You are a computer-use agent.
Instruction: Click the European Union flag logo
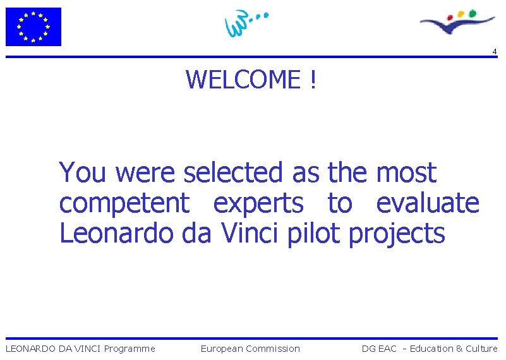(33, 27)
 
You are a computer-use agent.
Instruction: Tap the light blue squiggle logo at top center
(244, 24)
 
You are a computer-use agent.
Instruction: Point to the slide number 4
(495, 51)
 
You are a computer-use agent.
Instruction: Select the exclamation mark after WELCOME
(312, 80)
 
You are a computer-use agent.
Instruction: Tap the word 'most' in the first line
(406, 172)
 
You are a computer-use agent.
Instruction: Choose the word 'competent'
(124, 203)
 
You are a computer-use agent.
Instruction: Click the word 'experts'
(258, 203)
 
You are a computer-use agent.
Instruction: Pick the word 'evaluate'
(428, 203)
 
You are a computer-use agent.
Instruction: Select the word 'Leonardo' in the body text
(116, 234)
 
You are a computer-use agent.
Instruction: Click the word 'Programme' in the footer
(130, 349)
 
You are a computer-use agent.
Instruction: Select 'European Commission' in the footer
(250, 349)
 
